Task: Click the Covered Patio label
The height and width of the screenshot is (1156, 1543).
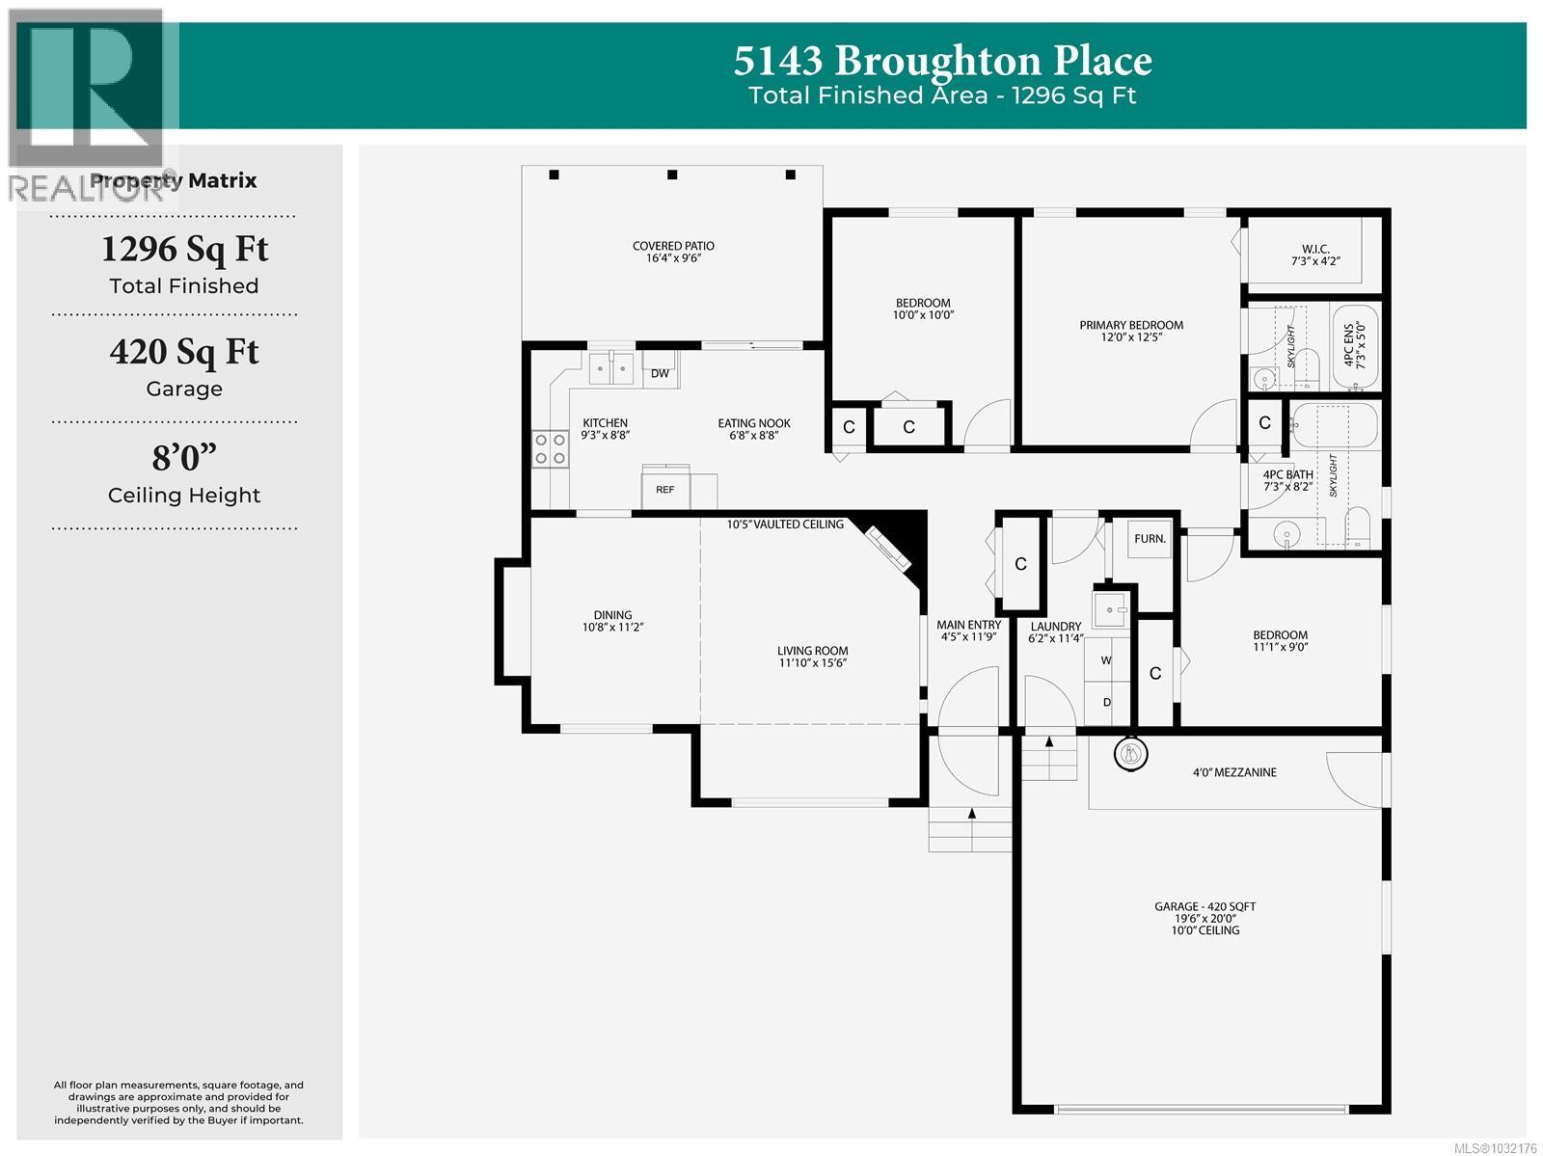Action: (673, 252)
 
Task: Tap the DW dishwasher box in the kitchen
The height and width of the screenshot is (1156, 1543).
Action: (660, 373)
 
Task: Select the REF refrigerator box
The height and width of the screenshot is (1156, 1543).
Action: (665, 489)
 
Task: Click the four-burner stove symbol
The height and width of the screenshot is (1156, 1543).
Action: (550, 448)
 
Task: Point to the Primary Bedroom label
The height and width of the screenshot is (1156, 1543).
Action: (1130, 331)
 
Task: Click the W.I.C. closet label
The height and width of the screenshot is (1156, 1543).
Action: (1315, 255)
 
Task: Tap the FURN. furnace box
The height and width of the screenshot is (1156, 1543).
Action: (1150, 539)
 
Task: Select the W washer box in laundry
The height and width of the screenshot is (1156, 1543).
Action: (1106, 660)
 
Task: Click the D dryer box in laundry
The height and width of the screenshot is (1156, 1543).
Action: (1106, 702)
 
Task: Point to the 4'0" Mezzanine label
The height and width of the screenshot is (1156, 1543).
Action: (1233, 772)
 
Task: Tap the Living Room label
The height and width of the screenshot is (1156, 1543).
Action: (812, 657)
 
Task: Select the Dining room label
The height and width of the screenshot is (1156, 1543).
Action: (612, 621)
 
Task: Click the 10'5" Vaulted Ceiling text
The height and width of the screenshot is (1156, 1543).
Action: (785, 524)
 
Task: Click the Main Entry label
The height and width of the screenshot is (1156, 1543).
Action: (969, 631)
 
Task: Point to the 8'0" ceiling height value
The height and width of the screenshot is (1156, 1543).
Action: (184, 457)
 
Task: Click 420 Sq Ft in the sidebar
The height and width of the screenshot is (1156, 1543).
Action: (184, 352)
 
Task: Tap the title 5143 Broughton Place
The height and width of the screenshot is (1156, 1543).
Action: (942, 61)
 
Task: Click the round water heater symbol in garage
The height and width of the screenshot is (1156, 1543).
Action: (1131, 753)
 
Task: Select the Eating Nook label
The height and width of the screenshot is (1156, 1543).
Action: (753, 429)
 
